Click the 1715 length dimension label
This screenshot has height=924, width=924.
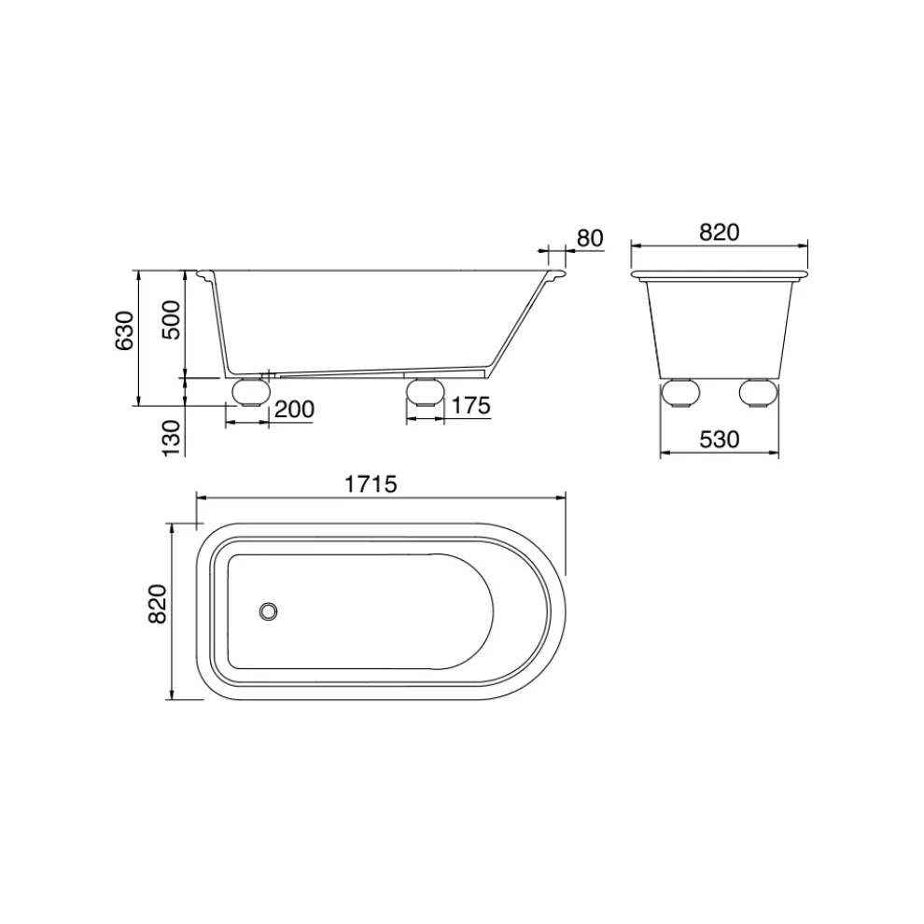371,484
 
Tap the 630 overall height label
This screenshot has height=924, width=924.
125,330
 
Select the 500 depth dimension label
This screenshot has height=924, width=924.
172,319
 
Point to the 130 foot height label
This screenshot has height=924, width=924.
172,437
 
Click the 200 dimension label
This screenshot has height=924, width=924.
294,409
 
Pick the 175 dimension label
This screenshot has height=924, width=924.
470,406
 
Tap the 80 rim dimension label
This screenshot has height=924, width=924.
590,238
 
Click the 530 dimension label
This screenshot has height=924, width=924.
719,440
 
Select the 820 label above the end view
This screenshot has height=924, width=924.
719,232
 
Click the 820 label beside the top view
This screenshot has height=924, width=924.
158,604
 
